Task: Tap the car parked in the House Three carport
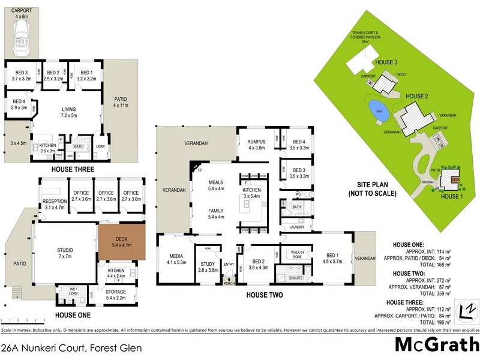click(x=22, y=41)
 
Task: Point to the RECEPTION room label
click(x=54, y=205)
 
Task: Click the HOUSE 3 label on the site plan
click(x=386, y=62)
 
